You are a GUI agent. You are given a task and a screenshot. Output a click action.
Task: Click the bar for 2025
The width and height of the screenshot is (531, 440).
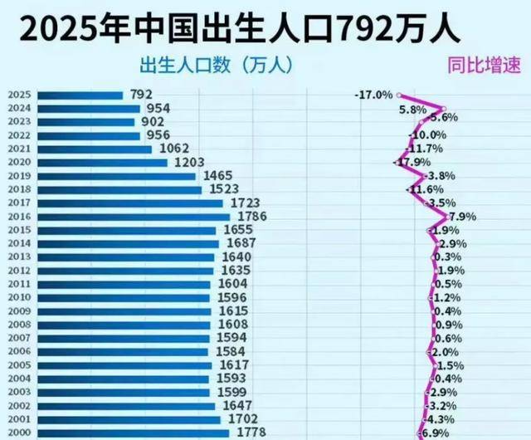coord(80,95)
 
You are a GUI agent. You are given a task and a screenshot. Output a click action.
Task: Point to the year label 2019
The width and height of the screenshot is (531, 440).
coord(20,176)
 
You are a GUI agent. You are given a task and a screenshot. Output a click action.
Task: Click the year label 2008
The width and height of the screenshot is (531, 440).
coord(20,325)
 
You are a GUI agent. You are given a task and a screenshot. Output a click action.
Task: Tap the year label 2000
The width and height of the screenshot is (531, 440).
coord(20,433)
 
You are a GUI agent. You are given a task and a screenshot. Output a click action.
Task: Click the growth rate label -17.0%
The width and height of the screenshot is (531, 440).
coord(373,95)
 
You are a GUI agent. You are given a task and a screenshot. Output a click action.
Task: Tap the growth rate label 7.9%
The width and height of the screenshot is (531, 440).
coord(461,217)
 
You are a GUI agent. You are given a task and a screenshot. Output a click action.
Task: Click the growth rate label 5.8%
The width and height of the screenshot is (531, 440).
coord(412,109)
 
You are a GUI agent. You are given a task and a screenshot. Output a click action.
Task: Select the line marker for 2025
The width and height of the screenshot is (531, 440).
coord(398,95)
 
